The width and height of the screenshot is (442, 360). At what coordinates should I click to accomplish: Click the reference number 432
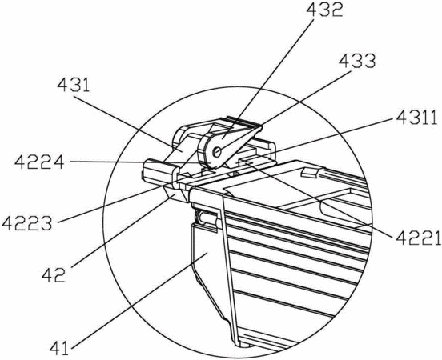click(x=324, y=10)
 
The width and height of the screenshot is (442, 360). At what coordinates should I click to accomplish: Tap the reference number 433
click(x=357, y=61)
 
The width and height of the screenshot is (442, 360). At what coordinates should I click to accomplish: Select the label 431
click(x=74, y=86)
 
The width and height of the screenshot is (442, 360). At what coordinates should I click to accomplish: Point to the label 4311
click(x=416, y=118)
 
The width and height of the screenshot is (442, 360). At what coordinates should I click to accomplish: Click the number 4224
click(x=39, y=162)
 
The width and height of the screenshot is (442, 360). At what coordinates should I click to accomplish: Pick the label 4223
click(x=27, y=224)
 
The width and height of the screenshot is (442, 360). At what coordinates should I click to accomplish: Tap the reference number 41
click(x=59, y=348)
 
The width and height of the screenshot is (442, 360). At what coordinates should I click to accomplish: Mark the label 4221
click(x=418, y=238)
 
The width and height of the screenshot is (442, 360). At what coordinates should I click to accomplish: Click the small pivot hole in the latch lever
click(x=217, y=152)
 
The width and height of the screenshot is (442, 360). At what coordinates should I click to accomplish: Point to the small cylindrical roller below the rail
click(x=207, y=218)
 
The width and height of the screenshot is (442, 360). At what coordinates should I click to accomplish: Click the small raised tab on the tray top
click(x=311, y=172)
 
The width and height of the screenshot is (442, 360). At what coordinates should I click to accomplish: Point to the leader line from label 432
click(x=267, y=78)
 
